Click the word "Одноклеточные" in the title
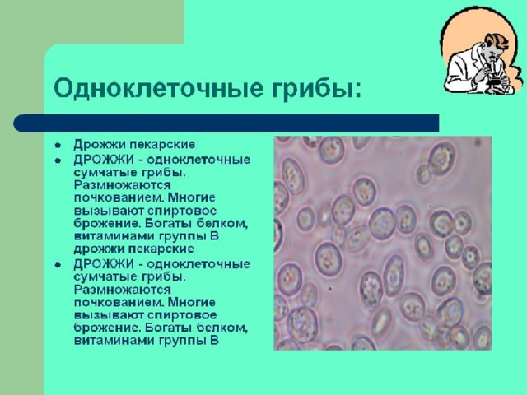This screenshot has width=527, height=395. tap(158, 88)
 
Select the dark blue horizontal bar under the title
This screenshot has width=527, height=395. tap(226, 123)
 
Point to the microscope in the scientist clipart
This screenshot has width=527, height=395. tap(493, 73)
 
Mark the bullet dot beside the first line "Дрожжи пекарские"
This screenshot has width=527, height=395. tap(58, 146)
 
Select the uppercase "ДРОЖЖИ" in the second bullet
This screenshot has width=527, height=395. tap(104, 159)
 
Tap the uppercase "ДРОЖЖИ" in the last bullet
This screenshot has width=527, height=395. tap(104, 264)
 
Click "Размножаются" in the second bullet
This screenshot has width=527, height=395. tap(123, 185)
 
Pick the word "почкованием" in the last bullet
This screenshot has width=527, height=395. tap(119, 302)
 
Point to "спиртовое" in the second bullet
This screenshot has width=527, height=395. tap(182, 211)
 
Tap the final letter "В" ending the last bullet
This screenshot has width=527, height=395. tap(214, 340)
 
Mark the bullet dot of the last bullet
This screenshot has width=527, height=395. tap(58, 265)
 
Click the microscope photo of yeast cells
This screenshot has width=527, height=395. tap(383, 244)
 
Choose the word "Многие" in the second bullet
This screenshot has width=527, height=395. tap(192, 198)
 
